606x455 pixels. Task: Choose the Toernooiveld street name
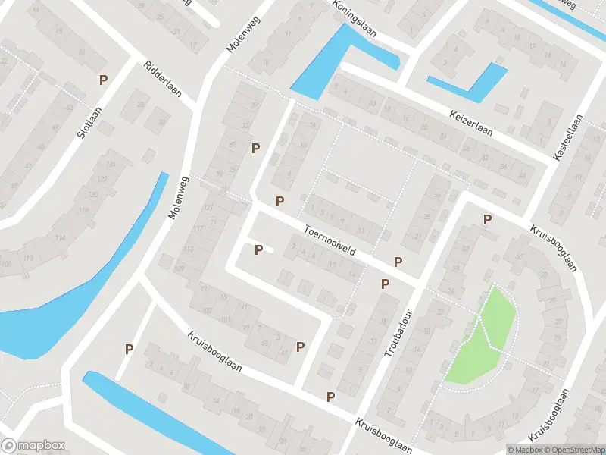(x=330, y=240)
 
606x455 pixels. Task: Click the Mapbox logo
(x=33, y=446)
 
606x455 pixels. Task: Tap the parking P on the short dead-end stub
(x=259, y=249)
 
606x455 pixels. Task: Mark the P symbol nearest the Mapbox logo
(x=129, y=349)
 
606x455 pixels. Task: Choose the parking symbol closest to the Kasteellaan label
(x=488, y=220)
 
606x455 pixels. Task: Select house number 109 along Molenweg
(x=180, y=269)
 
